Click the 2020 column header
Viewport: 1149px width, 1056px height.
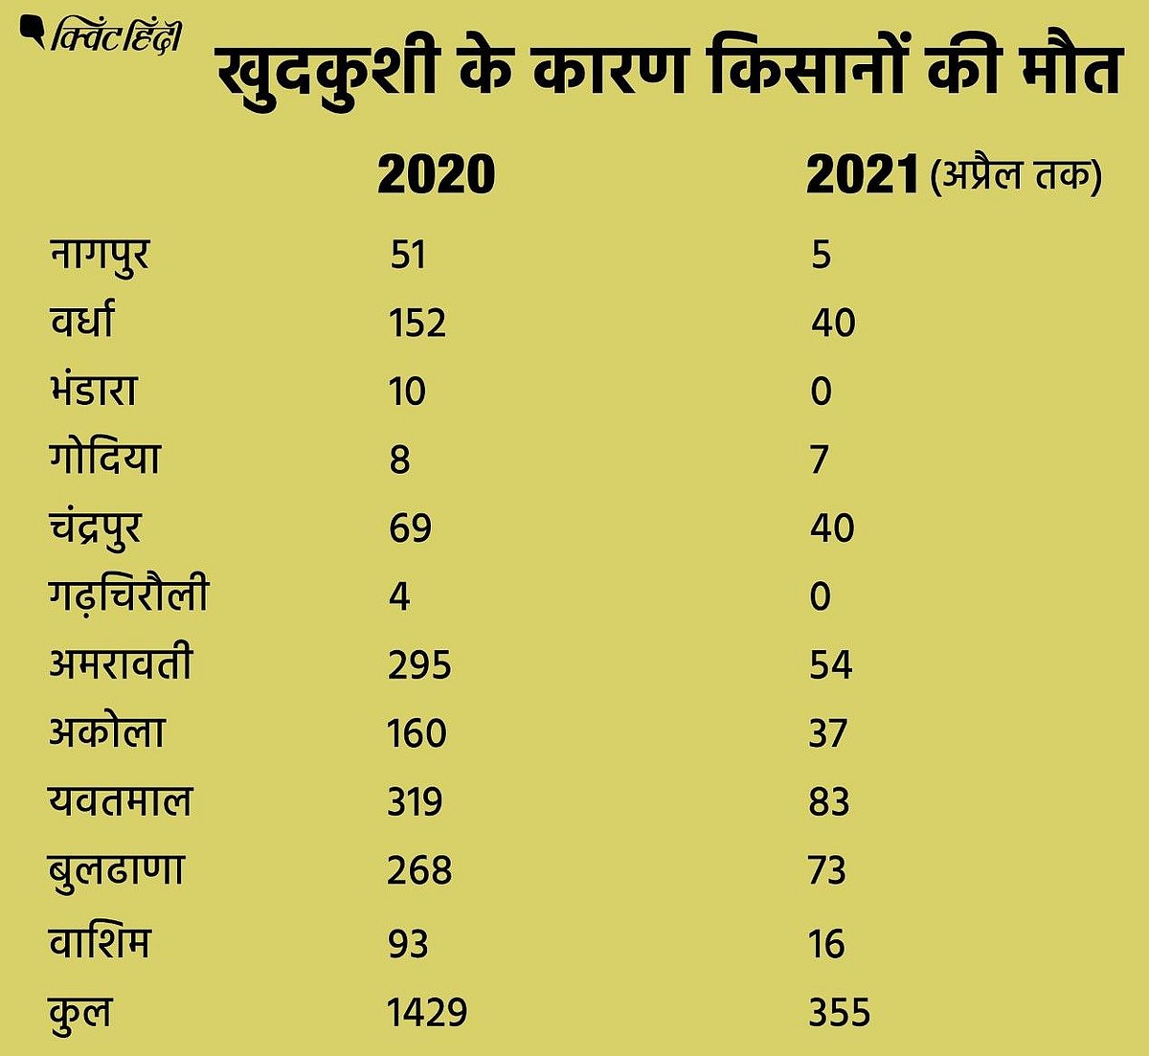(x=436, y=175)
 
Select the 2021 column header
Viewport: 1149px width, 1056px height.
(x=863, y=176)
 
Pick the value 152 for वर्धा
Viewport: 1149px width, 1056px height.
(x=417, y=324)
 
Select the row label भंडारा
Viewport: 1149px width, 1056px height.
(x=93, y=391)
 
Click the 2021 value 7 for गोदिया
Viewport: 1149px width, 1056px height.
(x=820, y=461)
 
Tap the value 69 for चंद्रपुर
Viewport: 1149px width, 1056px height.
(x=410, y=528)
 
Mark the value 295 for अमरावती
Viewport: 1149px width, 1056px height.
(x=419, y=665)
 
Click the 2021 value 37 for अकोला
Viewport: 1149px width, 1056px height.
(x=828, y=734)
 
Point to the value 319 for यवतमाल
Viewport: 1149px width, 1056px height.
(x=416, y=802)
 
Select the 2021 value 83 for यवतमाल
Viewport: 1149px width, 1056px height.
(x=829, y=802)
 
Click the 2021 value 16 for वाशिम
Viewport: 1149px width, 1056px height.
(x=826, y=945)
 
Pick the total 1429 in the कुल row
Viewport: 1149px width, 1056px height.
(x=427, y=1013)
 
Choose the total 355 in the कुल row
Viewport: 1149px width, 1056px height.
(x=840, y=1013)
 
